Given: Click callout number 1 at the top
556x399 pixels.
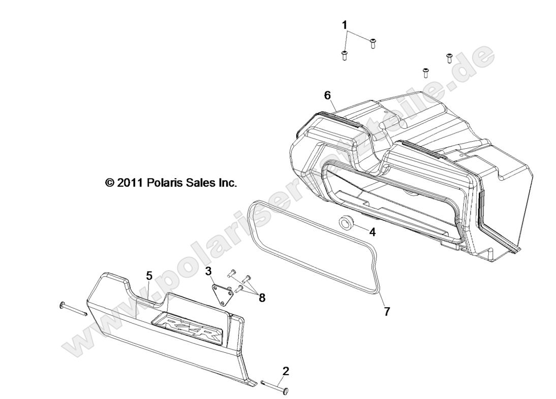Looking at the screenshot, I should pos(345,25).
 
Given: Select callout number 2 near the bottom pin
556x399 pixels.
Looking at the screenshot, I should pos(286,371).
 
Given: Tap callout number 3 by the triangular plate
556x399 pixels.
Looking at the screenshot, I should pos(209,271).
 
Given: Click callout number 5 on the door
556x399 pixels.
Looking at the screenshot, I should pos(149,276).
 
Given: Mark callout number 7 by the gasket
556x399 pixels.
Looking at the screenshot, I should pos(387,312).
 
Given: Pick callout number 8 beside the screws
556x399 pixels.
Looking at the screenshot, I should pos(262,298).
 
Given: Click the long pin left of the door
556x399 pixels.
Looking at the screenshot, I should pos(74,309).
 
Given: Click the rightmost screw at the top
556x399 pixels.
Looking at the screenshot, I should pos(449,57).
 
